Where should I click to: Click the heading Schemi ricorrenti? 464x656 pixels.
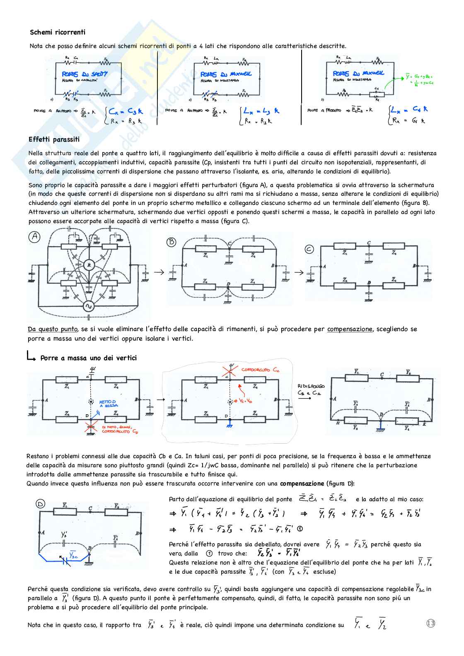[58, 32]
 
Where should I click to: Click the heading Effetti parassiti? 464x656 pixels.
[54, 139]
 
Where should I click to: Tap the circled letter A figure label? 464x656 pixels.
[35, 237]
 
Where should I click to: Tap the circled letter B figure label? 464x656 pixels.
[171, 242]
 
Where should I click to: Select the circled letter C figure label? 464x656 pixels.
[309, 249]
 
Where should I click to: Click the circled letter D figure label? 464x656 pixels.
[40, 504]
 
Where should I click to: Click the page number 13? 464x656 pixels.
[430, 623]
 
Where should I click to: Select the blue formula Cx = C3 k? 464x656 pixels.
[126, 111]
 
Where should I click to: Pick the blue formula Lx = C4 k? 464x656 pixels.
[409, 110]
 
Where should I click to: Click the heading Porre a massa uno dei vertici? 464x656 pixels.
[88, 358]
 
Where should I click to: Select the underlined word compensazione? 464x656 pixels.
[350, 329]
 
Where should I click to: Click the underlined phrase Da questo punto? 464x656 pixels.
[53, 329]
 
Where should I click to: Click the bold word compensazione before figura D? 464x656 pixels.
[302, 483]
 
